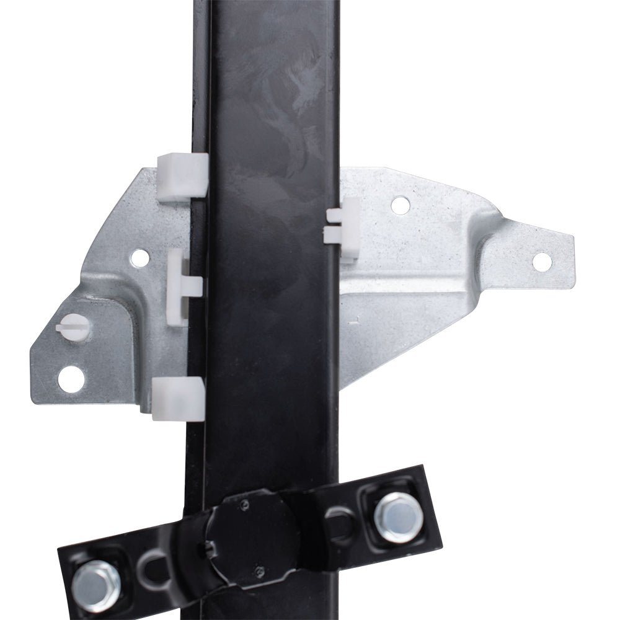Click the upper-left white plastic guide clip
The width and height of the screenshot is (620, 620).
182,177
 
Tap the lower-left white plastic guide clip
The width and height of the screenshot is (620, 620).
178,397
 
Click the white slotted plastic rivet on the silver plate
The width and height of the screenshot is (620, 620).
73,325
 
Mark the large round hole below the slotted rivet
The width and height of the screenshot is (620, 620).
71,378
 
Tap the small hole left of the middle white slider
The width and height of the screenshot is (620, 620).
140,257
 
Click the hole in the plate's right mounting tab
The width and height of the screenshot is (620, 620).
542,262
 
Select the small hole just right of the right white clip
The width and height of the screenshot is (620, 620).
401,205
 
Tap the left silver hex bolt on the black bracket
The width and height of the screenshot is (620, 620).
95,585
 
